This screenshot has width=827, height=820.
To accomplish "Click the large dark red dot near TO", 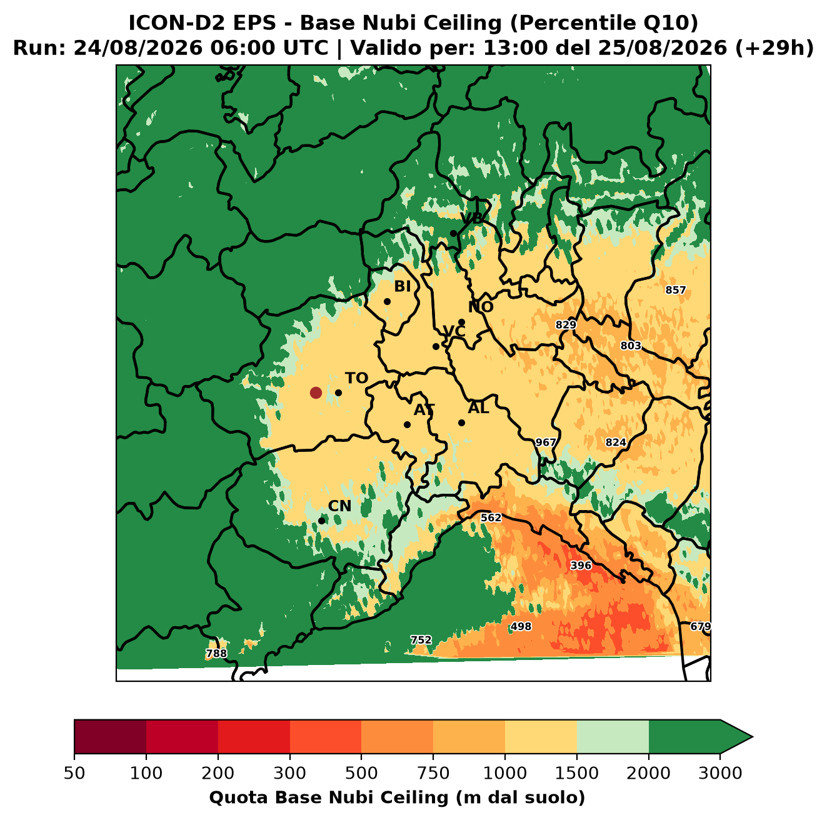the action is tap(316, 392).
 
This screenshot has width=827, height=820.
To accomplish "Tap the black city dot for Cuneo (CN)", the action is tap(321, 521).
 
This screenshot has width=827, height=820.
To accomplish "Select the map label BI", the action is tap(402, 286).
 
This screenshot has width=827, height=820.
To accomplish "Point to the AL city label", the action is tap(478, 407).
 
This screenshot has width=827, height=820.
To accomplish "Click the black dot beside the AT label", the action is tap(407, 424).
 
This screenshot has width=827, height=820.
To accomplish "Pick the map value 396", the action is tap(581, 565).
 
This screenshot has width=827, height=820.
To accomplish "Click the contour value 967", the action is tap(546, 442).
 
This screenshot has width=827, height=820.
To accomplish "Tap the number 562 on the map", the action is tap(491, 517).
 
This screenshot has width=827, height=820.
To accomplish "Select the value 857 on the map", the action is tap(676, 290).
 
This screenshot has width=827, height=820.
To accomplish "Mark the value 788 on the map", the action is tap(216, 653).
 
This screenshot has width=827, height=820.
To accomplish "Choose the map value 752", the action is tap(421, 640).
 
